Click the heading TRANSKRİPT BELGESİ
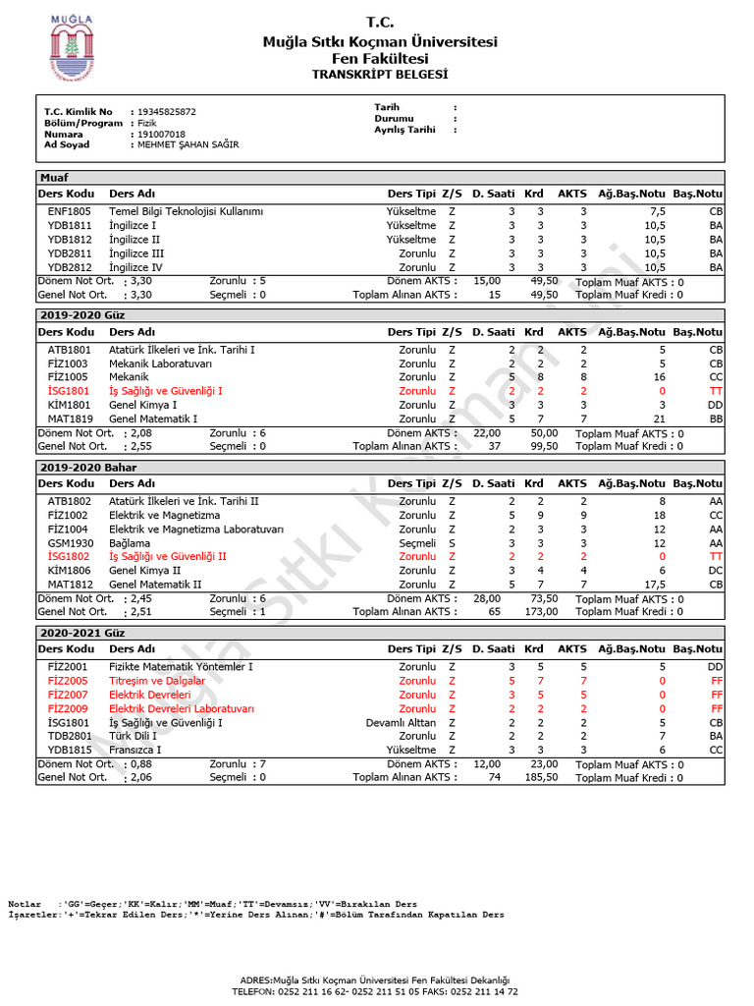pos(379,75)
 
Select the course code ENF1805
pos(69,211)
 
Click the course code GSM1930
pos(71,542)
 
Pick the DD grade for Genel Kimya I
pos(716,405)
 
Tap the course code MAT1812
pos(70,584)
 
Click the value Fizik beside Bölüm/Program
pos(147,124)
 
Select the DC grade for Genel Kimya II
pos(716,570)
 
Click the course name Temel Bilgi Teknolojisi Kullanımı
pos(186,211)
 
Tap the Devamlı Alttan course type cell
pos(401,722)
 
